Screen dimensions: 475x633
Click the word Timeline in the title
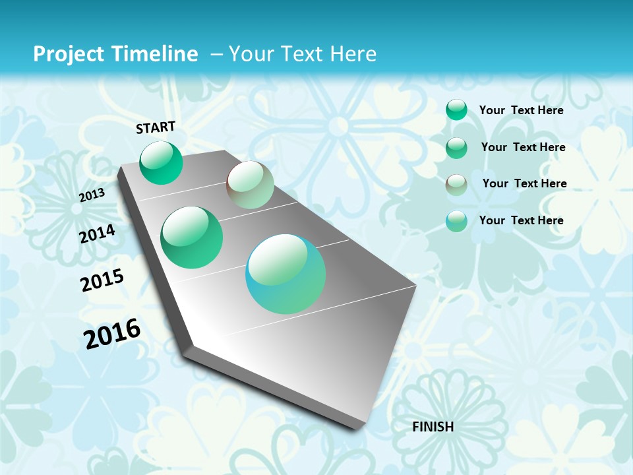point(156,54)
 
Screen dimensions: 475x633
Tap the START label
point(156,127)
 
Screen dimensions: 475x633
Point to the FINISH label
point(433,427)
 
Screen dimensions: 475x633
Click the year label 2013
point(92,195)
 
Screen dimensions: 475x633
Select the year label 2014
point(97,234)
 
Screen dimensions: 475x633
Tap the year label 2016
point(112,334)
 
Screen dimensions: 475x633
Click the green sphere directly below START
point(161,162)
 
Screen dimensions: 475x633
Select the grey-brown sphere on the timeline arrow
point(250,185)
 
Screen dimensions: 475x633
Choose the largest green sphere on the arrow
point(192,237)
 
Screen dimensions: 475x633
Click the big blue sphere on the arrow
point(286,274)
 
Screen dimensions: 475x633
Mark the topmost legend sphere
point(456,110)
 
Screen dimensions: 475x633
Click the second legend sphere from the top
point(456,147)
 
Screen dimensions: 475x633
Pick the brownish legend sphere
point(456,184)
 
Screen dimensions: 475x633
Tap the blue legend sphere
point(456,221)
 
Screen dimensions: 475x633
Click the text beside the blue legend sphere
point(521,220)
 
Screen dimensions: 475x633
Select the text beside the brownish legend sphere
point(524,183)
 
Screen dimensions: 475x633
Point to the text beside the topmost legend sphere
point(521,110)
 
